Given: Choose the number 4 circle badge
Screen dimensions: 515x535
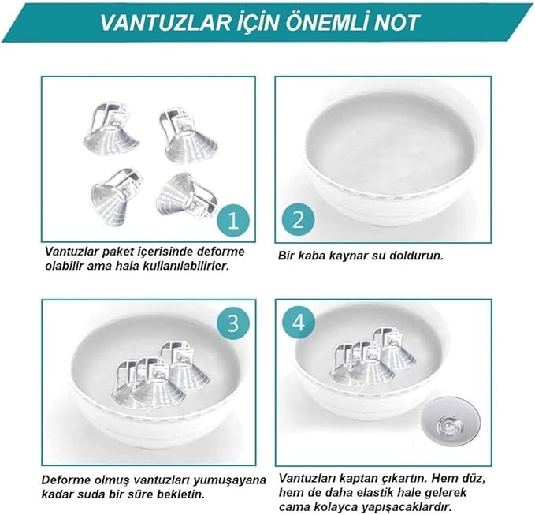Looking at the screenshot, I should click(x=300, y=323).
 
